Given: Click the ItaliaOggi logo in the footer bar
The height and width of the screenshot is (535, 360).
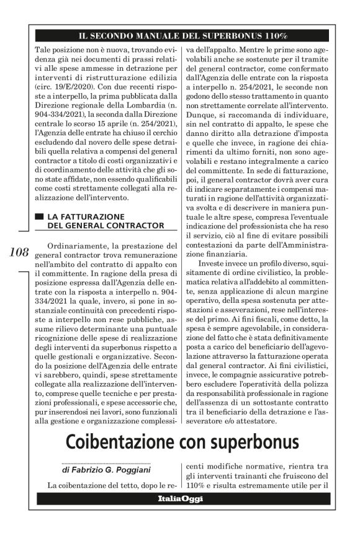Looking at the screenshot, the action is [179, 498].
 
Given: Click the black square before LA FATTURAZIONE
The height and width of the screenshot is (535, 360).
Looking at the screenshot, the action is [40, 215].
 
